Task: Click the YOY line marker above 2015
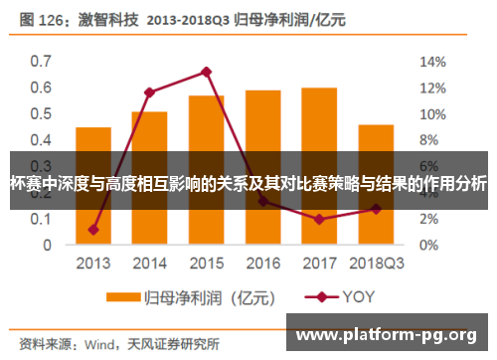(x=206, y=72)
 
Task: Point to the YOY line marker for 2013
(x=93, y=230)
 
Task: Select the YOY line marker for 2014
(x=149, y=92)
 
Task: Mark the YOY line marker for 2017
(x=319, y=219)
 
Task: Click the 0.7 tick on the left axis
(x=40, y=62)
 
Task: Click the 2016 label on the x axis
(x=262, y=264)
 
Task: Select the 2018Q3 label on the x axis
(x=376, y=264)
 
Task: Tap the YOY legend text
(x=359, y=296)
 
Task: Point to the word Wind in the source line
(x=101, y=345)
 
